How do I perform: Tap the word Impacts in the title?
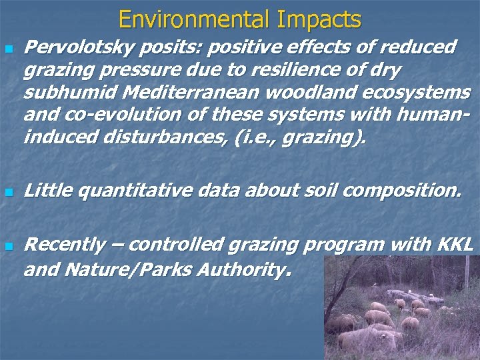319,19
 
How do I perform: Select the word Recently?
64,245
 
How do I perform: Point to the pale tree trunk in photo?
466,280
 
